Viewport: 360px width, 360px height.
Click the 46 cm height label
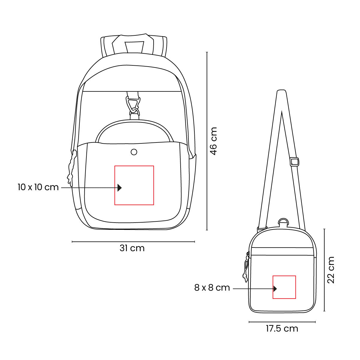pyautogui.click(x=213, y=141)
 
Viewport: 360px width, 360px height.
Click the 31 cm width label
pyautogui.click(x=132, y=248)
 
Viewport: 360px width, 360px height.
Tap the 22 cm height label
pyautogui.click(x=331, y=270)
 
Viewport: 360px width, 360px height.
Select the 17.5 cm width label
pyautogui.click(x=282, y=328)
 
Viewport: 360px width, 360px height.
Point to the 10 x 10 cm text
pyautogui.click(x=38, y=187)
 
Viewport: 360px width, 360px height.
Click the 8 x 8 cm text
pyautogui.click(x=212, y=288)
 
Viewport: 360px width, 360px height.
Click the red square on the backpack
pyautogui.click(x=134, y=174)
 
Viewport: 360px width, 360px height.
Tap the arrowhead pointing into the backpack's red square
pyautogui.click(x=120, y=187)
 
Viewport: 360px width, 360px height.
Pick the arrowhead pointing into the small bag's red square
pyautogui.click(x=275, y=289)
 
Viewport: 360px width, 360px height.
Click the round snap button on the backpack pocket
pyautogui.click(x=134, y=152)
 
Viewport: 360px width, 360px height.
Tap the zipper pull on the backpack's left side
pyautogui.click(x=71, y=168)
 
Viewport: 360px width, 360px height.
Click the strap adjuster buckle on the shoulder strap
pyautogui.click(x=295, y=162)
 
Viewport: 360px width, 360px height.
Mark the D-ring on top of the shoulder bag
pyautogui.click(x=283, y=222)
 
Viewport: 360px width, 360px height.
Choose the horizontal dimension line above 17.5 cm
pyautogui.click(x=282, y=322)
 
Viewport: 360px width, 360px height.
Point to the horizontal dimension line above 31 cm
pyautogui.click(x=133, y=241)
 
